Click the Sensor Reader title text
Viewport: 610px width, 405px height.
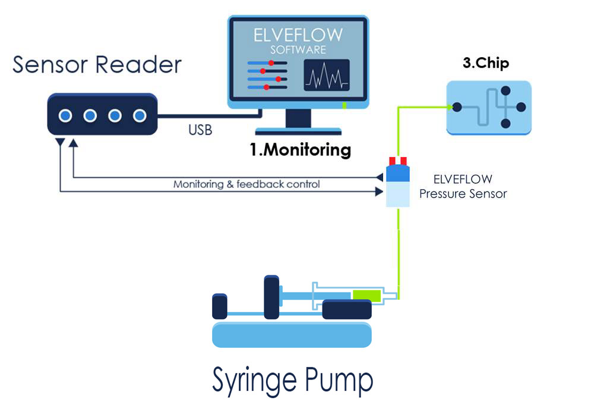point(97,64)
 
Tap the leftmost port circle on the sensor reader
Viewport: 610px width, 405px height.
point(65,115)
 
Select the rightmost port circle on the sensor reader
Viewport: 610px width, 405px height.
point(140,115)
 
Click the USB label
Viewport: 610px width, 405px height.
point(200,130)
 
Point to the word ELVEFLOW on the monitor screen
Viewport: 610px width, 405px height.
point(298,34)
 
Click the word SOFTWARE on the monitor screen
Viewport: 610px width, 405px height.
point(298,50)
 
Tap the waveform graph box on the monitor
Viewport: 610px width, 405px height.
point(326,76)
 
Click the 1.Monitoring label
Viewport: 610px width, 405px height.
point(301,150)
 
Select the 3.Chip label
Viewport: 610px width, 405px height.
point(486,62)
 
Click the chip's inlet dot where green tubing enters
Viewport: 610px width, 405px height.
point(457,108)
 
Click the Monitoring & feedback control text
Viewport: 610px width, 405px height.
point(246,184)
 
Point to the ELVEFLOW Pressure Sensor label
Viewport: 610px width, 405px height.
point(463,186)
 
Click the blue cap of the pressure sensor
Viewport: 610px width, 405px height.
point(397,174)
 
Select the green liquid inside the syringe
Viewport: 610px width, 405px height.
point(366,294)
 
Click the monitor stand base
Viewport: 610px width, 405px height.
point(298,131)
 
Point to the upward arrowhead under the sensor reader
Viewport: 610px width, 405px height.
point(73,143)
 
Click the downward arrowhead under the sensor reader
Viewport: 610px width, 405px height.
point(60,143)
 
